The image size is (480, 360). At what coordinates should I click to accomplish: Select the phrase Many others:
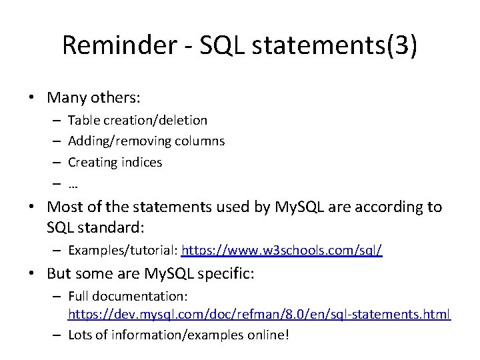93,97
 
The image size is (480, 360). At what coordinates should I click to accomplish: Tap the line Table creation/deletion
137,120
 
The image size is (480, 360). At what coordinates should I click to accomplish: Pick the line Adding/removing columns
146,141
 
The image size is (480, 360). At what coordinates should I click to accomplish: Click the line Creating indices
115,162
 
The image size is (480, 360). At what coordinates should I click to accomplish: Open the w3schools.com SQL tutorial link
282,251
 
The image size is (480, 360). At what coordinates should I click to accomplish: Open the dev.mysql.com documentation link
259,313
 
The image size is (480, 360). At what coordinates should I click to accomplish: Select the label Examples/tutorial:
123,251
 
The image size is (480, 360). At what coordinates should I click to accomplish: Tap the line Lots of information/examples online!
179,334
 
